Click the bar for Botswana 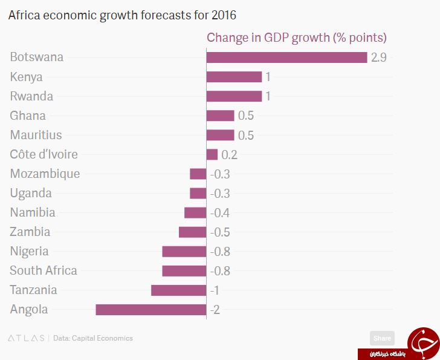click(286, 57)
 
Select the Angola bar click(151, 310)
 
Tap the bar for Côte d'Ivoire click(212, 154)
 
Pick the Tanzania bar click(179, 290)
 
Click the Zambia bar click(192, 232)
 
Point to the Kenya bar click(234, 77)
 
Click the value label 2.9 click(379, 57)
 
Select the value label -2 click(215, 310)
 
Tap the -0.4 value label click(220, 213)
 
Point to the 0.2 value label click(229, 155)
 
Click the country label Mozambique click(45, 174)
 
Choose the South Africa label click(44, 270)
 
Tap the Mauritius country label click(36, 135)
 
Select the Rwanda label click(31, 96)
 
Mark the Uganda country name click(31, 194)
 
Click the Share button click(382, 338)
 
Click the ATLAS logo click(26, 338)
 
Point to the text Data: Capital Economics click(93, 338)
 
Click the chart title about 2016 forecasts click(122, 15)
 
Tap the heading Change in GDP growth click(297, 38)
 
